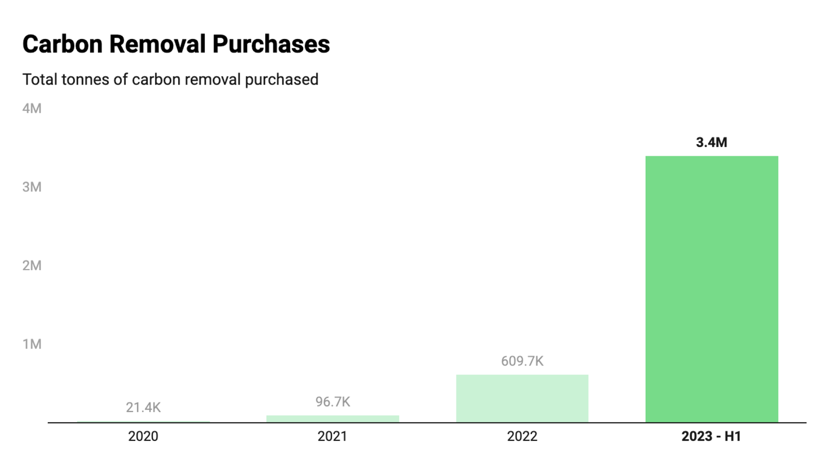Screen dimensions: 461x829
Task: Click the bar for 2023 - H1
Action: pos(711,289)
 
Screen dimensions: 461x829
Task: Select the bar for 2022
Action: pos(522,398)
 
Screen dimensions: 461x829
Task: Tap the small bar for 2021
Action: pos(333,419)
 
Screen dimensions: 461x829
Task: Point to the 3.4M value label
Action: pos(711,143)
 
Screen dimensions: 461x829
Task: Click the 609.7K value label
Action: pos(522,361)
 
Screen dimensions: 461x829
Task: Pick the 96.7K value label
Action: pos(333,402)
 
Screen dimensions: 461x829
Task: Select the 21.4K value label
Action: pos(143,408)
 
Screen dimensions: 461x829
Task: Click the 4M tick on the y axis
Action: pos(32,108)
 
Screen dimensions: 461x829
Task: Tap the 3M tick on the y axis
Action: pos(32,187)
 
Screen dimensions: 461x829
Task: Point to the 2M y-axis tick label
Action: pos(32,266)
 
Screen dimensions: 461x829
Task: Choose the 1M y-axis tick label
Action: pos(32,344)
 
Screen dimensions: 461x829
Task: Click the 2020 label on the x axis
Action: pos(143,436)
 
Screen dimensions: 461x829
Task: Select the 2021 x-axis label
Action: pos(333,436)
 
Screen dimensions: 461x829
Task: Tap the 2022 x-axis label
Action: pos(522,436)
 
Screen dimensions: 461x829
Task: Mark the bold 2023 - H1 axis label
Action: pos(711,436)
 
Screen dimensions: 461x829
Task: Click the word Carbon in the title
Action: pos(62,44)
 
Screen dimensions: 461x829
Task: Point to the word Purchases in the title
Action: pos(271,44)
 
